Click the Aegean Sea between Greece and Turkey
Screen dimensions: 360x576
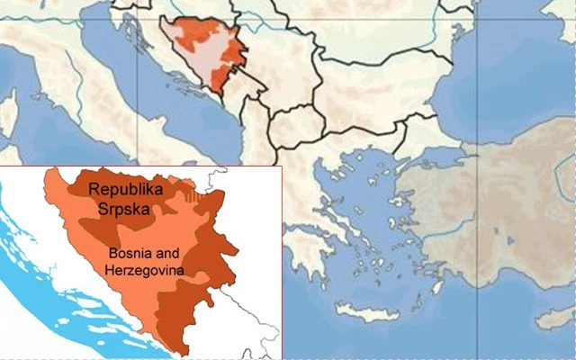[378, 225]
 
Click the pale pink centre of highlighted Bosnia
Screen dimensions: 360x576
[202, 64]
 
